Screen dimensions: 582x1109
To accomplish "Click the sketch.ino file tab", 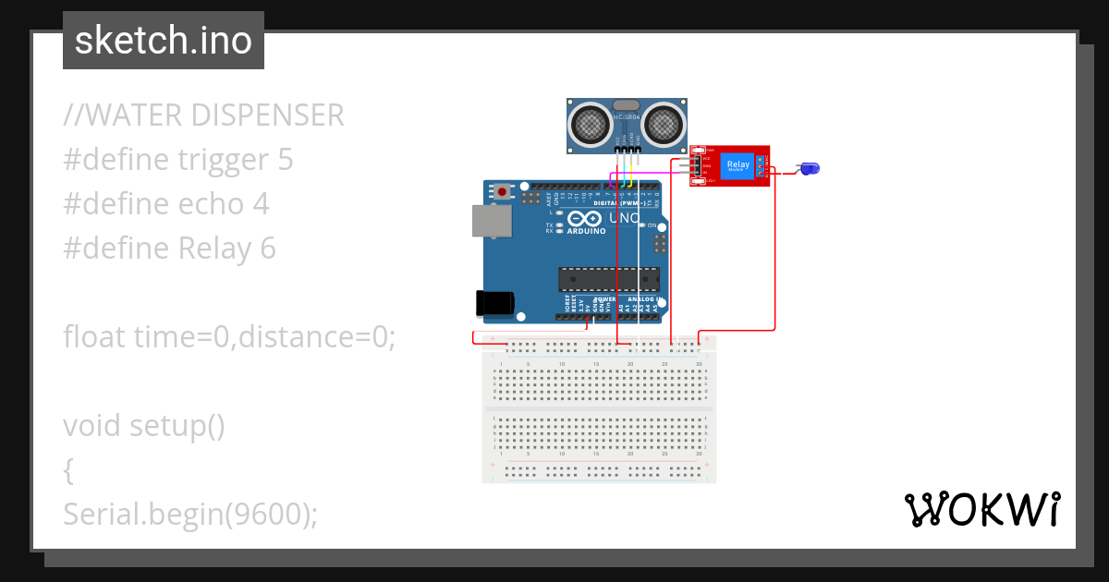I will pyautogui.click(x=163, y=41).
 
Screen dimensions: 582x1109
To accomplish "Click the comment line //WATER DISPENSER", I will pyautogui.click(x=203, y=115).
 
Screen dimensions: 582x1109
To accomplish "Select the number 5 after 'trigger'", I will pyautogui.click(x=285, y=160).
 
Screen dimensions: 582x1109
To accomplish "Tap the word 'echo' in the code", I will pyautogui.click(x=213, y=204).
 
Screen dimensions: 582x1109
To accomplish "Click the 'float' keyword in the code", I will pyautogui.click(x=95, y=337).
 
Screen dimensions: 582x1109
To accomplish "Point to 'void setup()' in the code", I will pyautogui.click(x=144, y=426).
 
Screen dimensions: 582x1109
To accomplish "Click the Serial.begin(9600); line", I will pyautogui.click(x=190, y=515).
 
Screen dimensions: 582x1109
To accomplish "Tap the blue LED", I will pyautogui.click(x=810, y=168).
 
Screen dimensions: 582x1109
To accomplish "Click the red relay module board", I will pyautogui.click(x=729, y=166).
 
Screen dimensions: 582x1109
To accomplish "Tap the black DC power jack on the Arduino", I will pyautogui.click(x=493, y=303).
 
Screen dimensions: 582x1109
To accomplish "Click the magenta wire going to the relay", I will pyautogui.click(x=647, y=171).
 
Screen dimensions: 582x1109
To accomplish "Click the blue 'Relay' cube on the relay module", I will pyautogui.click(x=738, y=164).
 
